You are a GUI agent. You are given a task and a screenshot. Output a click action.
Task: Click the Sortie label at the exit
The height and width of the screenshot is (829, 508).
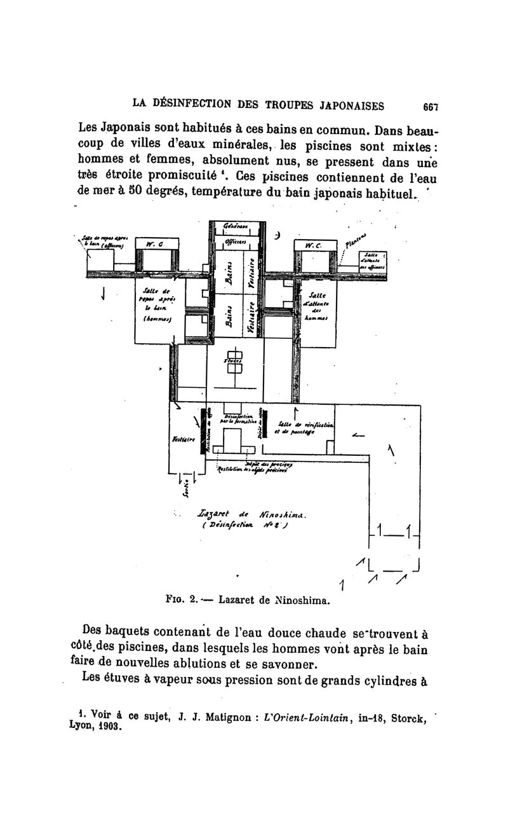185,486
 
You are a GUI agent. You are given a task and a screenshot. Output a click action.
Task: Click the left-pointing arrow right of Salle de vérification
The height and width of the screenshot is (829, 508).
358,435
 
